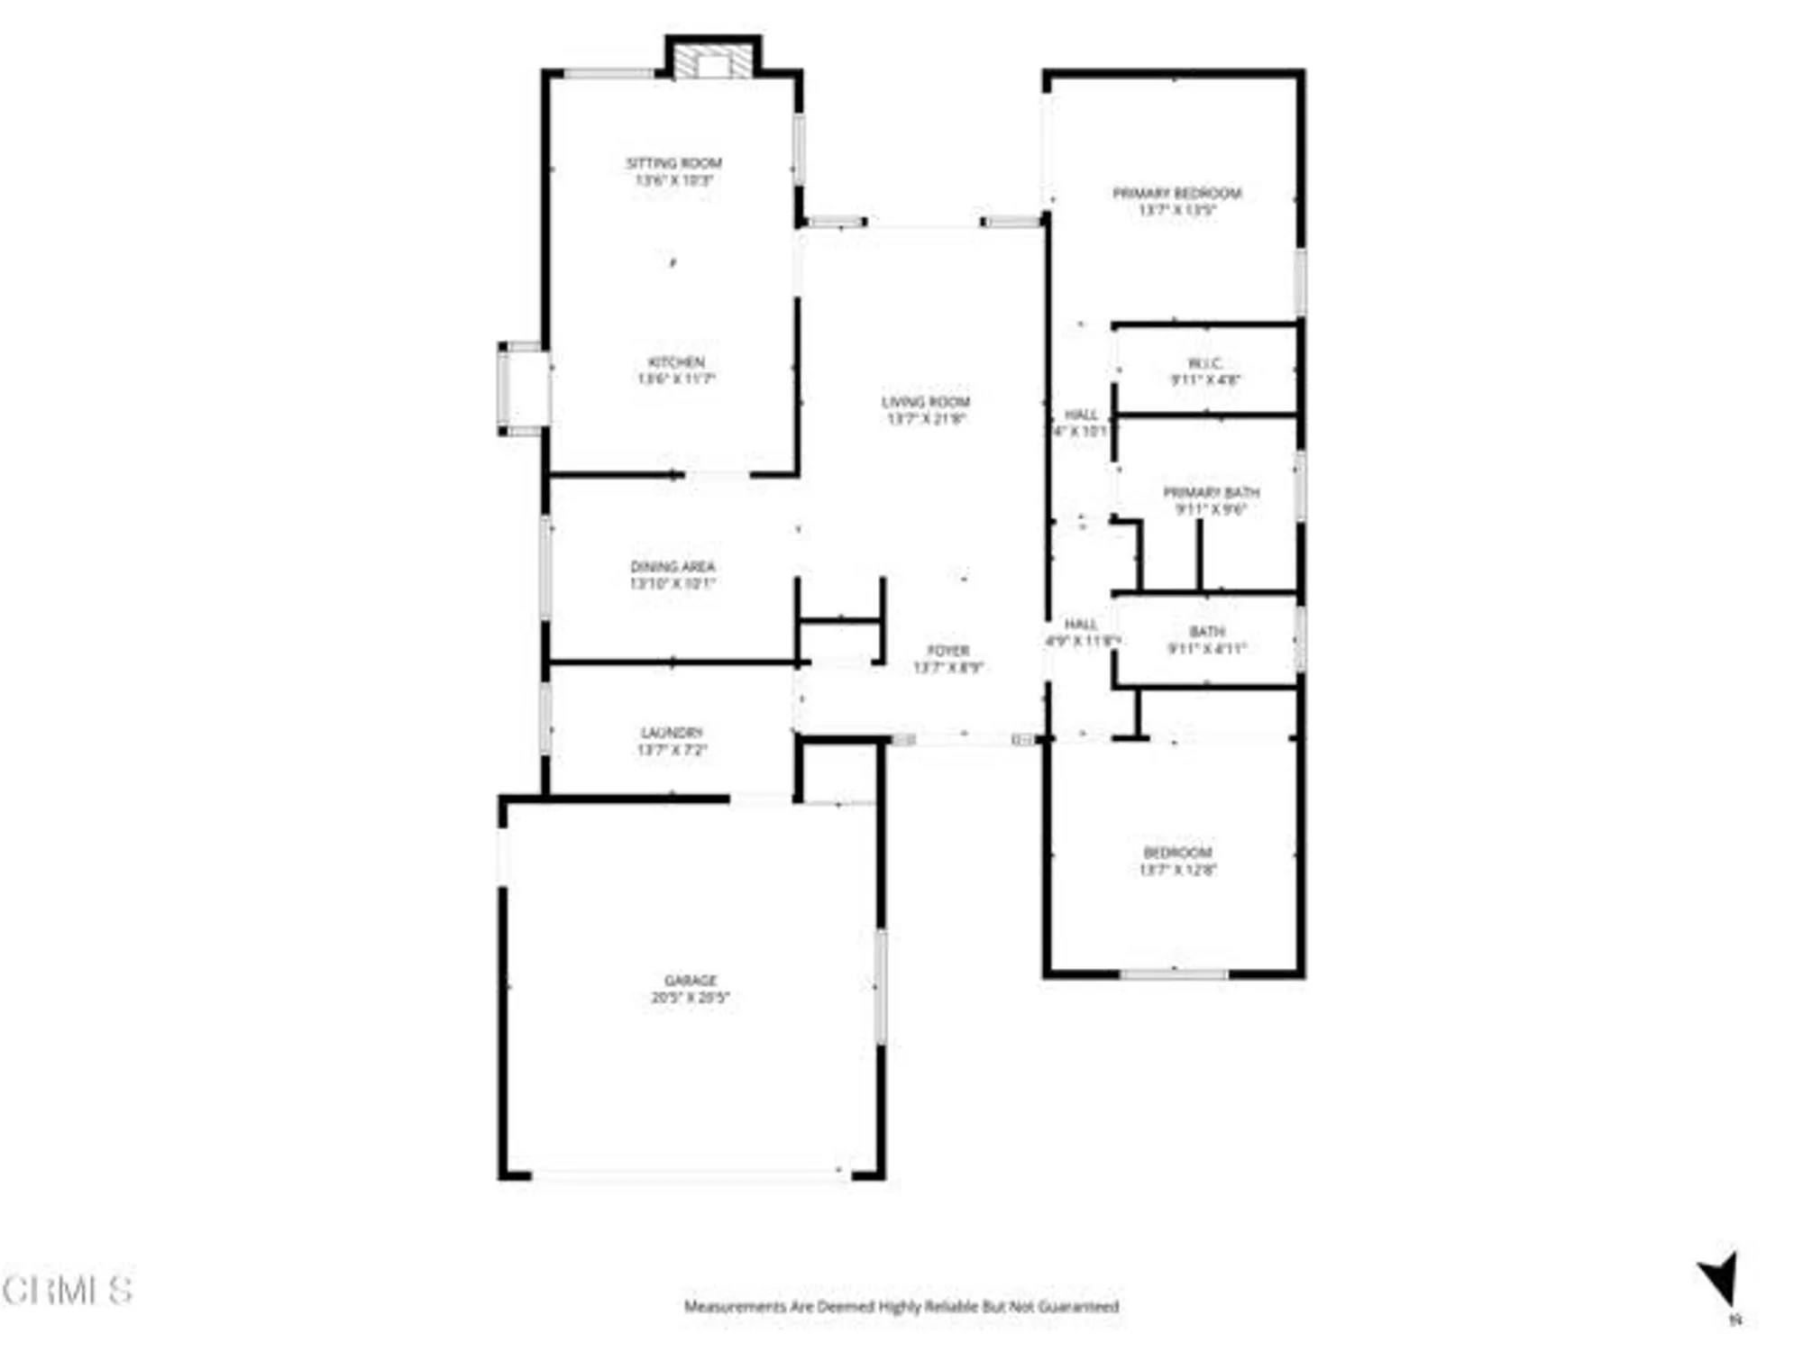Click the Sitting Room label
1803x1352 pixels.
[673, 163]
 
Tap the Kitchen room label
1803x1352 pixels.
[676, 362]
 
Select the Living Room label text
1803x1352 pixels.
[926, 402]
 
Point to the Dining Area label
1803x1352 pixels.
[673, 567]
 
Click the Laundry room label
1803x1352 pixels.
[672, 733]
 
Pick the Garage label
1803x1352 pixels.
[691, 981]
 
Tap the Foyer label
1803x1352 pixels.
[948, 651]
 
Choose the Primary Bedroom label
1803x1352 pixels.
[1176, 193]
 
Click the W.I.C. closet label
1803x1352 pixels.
[1205, 363]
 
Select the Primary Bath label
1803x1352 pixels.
[1211, 493]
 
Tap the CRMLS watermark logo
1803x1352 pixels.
[68, 1291]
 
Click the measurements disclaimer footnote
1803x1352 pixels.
[901, 1306]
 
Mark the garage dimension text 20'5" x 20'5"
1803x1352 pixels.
[691, 998]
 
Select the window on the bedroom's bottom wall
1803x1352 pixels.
[1174, 973]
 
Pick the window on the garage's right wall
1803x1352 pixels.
[881, 987]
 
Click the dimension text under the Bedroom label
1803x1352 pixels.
[1177, 870]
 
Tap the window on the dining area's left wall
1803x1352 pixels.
[545, 566]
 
